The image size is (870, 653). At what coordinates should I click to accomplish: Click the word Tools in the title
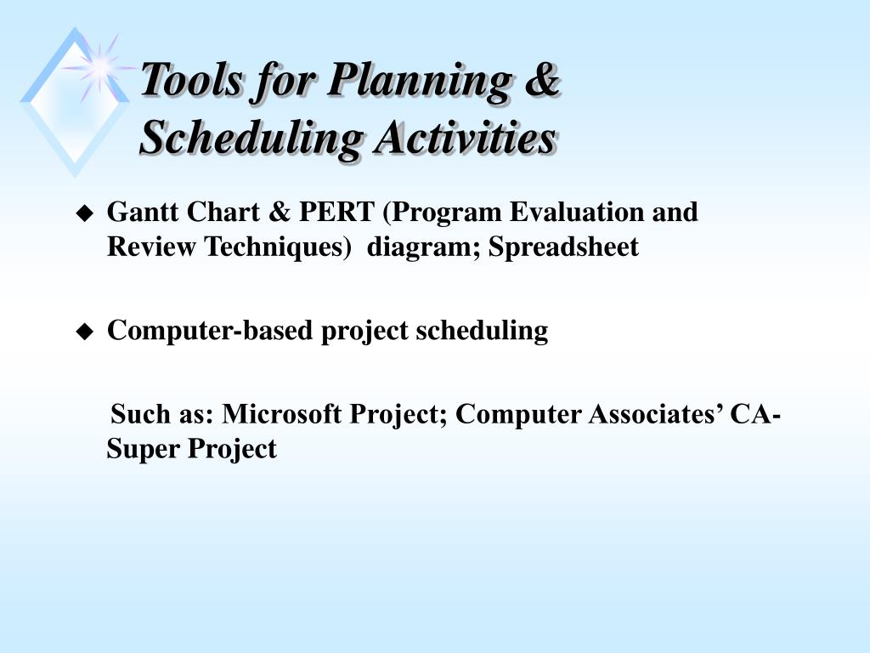[191, 79]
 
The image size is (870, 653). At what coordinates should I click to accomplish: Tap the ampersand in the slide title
[541, 78]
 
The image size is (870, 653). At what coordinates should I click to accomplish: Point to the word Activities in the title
[465, 137]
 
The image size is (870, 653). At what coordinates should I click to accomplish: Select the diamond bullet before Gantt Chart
[85, 213]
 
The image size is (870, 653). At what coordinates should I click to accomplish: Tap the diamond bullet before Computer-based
[85, 332]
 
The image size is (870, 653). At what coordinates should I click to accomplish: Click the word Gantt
[143, 212]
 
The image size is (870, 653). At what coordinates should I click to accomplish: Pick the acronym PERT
[336, 212]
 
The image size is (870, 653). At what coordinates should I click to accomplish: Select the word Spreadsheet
[563, 247]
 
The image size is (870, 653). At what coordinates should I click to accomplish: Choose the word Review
[151, 247]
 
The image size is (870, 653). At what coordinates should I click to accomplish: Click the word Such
[141, 414]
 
